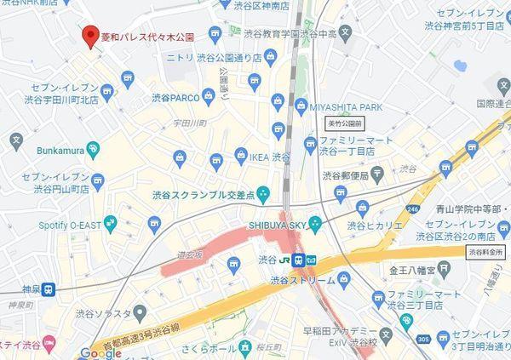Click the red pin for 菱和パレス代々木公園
click(x=88, y=37)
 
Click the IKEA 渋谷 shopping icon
click(x=216, y=158)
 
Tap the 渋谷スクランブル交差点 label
click(x=204, y=194)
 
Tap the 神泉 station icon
click(x=50, y=288)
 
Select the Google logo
click(x=101, y=352)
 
